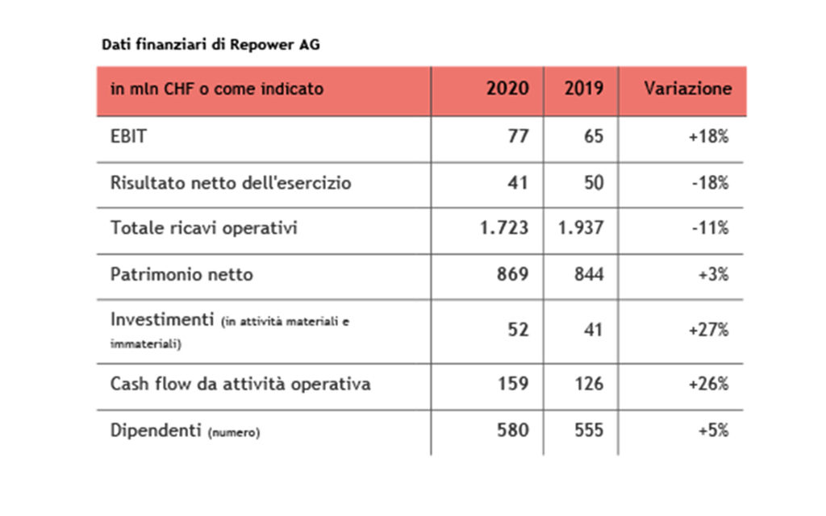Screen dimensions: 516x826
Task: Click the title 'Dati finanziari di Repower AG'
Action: pyautogui.click(x=211, y=45)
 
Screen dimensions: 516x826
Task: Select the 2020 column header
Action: pyautogui.click(x=507, y=89)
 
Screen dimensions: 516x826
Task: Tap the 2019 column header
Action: pyautogui.click(x=583, y=89)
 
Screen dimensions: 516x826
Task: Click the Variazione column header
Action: pyautogui.click(x=687, y=89)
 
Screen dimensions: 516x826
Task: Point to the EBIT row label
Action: pyautogui.click(x=128, y=136)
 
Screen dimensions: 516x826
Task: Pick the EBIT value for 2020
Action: pyautogui.click(x=518, y=136)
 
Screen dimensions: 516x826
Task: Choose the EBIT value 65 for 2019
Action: pyautogui.click(x=593, y=136)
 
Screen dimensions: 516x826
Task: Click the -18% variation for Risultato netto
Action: pyautogui.click(x=709, y=183)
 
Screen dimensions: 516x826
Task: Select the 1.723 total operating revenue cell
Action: pyautogui.click(x=503, y=229)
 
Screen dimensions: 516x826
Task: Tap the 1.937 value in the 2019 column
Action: pyautogui.click(x=580, y=229)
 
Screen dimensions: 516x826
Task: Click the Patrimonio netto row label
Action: pyautogui.click(x=181, y=274)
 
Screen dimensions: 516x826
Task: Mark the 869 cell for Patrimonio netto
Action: pyautogui.click(x=513, y=274)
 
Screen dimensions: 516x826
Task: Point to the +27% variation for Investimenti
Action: pyautogui.click(x=708, y=329)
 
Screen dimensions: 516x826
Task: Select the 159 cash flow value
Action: pyautogui.click(x=513, y=384)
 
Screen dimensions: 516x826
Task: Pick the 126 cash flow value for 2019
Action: pyautogui.click(x=588, y=384)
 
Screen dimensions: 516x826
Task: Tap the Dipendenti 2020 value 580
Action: pyautogui.click(x=513, y=431)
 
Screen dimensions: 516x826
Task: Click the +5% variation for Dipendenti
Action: pyautogui.click(x=712, y=431)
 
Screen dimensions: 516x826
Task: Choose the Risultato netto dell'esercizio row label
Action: pyautogui.click(x=231, y=183)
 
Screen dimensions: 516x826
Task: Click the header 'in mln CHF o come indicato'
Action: pyautogui.click(x=216, y=89)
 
